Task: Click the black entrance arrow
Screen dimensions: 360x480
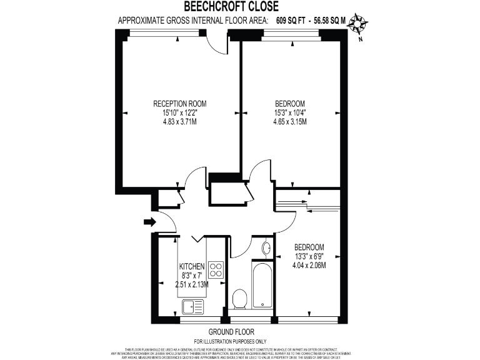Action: coord(148,221)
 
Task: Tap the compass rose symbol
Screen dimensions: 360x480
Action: coord(358,23)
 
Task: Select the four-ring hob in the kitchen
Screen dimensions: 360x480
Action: coord(216,269)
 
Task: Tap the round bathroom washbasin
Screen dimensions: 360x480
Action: coord(266,247)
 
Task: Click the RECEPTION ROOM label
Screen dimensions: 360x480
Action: coord(180,104)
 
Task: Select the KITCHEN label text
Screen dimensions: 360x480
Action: coord(191,266)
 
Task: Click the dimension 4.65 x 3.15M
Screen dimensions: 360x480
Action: coord(290,122)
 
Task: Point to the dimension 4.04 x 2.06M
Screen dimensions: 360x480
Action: coord(309,264)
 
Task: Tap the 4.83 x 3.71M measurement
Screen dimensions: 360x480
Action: coord(180,122)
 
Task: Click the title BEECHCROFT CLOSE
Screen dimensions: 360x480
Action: coord(227,7)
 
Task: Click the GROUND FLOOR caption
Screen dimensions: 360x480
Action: coord(230,332)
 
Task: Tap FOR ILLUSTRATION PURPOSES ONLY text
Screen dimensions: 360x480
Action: coord(230,341)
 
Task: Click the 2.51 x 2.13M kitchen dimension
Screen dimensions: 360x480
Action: coord(192,284)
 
